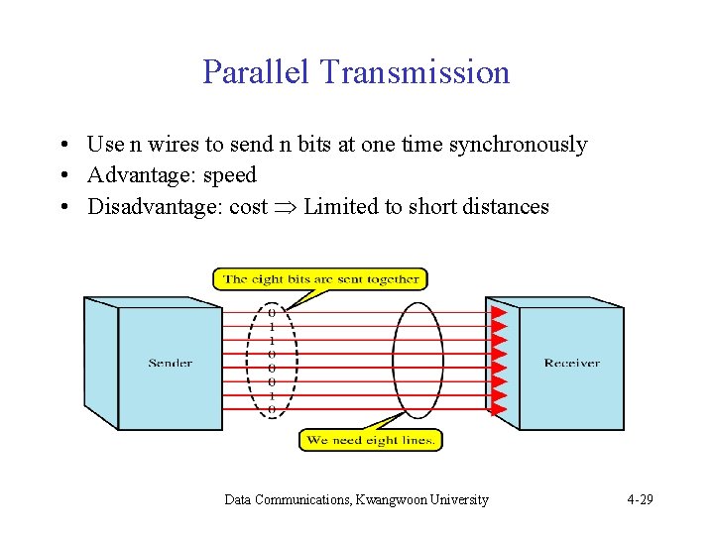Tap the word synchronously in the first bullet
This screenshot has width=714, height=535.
click(518, 145)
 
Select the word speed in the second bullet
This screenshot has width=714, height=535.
click(229, 175)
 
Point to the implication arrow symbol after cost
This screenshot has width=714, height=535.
click(285, 207)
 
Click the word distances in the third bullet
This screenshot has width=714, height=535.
click(503, 206)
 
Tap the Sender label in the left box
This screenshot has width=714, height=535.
click(171, 364)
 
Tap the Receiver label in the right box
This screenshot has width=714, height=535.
click(572, 364)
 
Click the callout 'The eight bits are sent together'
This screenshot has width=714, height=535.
click(320, 279)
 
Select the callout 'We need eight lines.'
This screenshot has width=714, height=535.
click(371, 440)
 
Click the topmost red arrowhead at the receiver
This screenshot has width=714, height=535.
click(500, 312)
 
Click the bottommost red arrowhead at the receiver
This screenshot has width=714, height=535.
click(500, 408)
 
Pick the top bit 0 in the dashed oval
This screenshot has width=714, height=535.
click(272, 312)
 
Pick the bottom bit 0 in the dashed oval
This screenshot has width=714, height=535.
click(272, 408)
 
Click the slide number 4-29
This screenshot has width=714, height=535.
click(640, 500)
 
